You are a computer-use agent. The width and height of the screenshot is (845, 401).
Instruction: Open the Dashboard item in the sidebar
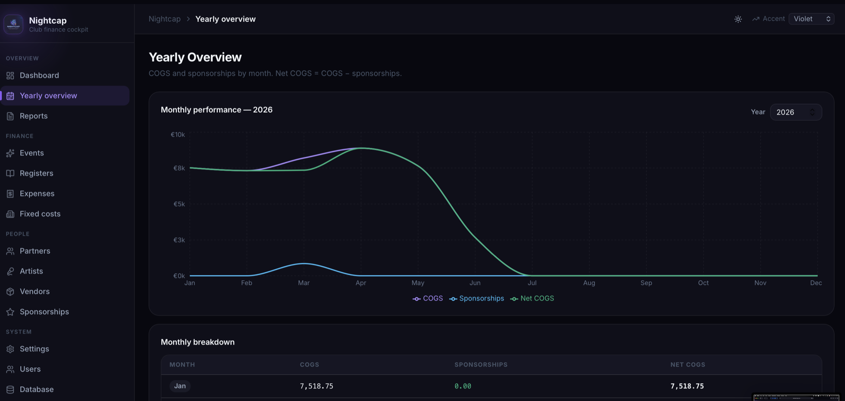(39, 75)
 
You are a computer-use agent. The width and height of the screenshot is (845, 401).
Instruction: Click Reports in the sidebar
(34, 116)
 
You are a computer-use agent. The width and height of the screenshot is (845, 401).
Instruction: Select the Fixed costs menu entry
(40, 214)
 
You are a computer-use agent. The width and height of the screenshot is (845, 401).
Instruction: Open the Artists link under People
(31, 271)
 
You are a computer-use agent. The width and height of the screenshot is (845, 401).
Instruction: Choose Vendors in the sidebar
(34, 291)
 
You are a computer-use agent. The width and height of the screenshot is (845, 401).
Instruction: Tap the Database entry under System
(37, 389)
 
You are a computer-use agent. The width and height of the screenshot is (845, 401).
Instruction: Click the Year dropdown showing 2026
(795, 112)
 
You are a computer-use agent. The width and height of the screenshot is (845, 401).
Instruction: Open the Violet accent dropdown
(811, 19)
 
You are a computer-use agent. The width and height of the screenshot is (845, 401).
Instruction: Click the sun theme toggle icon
(738, 19)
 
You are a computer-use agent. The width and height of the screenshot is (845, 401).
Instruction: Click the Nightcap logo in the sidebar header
(13, 24)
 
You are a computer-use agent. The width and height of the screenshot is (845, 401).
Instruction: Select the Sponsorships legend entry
(476, 298)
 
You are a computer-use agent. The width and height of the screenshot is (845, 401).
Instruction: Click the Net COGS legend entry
(532, 298)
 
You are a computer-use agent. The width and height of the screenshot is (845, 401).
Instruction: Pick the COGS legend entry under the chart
(428, 298)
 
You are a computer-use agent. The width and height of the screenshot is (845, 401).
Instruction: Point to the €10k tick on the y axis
(178, 134)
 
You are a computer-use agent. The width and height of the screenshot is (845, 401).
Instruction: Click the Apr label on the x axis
(361, 283)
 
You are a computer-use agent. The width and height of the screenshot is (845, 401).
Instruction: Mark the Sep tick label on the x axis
(646, 283)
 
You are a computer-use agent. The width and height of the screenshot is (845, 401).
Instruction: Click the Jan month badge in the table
(180, 386)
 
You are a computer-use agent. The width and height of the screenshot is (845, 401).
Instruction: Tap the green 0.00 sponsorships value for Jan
(463, 386)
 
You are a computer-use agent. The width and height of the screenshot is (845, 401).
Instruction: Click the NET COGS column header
(688, 364)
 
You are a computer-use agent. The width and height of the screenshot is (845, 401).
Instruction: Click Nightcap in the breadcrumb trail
(165, 19)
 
